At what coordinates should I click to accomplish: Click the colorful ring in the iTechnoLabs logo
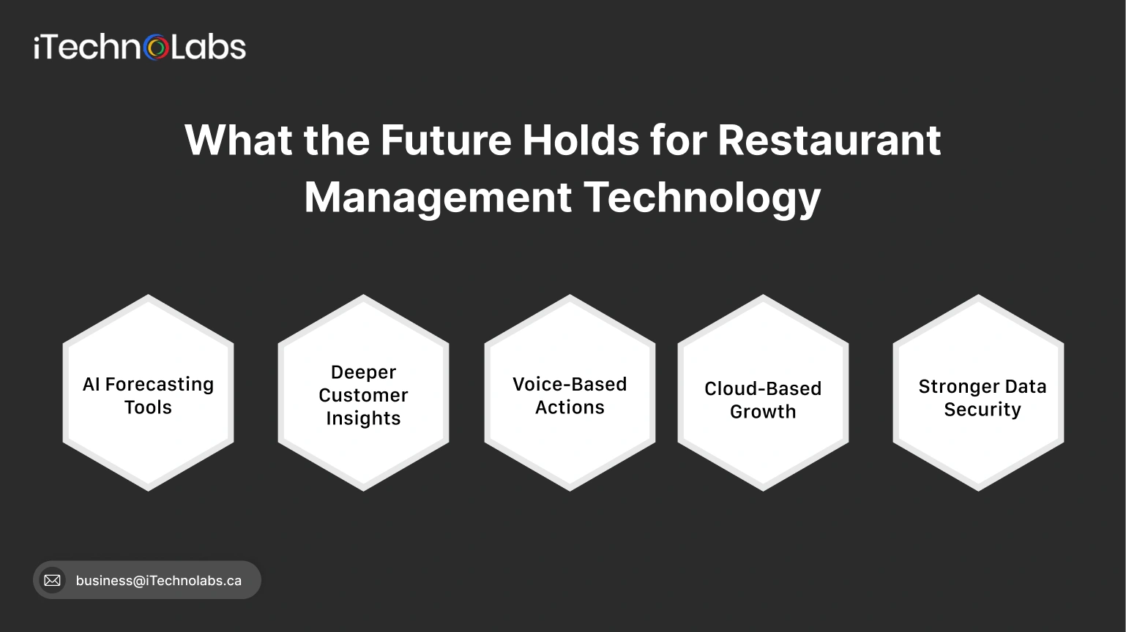(157, 48)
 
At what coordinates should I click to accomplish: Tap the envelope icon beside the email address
(52, 580)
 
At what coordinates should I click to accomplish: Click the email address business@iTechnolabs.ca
(158, 581)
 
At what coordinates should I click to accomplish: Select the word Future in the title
(445, 140)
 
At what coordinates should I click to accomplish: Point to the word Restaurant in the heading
(829, 140)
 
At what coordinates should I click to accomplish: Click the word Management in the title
(438, 197)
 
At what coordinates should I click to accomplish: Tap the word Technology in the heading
(702, 197)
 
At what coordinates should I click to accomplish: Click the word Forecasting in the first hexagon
(160, 385)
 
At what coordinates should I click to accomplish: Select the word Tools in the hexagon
(148, 407)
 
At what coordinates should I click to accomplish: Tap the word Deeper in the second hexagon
(363, 372)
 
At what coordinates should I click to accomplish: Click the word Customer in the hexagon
(363, 395)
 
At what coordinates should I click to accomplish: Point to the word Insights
(363, 418)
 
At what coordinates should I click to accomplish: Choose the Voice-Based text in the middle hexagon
(570, 385)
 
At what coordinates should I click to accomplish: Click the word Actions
(570, 407)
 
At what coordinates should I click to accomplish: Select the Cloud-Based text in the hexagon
(763, 389)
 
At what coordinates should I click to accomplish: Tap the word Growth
(763, 412)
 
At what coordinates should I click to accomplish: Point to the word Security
(982, 410)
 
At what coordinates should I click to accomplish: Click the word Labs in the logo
(209, 48)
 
